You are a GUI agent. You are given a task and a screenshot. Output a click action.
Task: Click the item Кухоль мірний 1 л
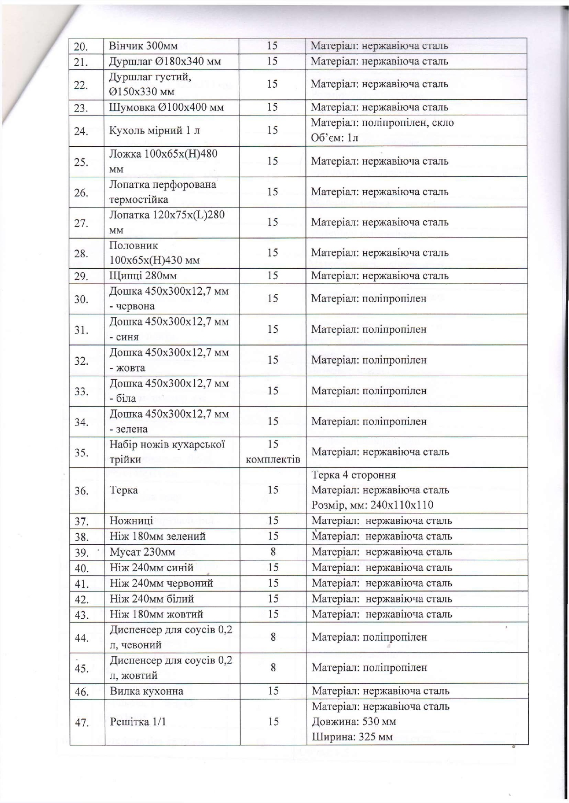click(155, 131)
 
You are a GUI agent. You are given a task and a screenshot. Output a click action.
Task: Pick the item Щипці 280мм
click(143, 276)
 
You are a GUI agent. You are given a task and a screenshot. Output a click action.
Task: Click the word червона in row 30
click(135, 306)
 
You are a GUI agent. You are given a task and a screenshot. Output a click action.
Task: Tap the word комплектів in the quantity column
click(273, 459)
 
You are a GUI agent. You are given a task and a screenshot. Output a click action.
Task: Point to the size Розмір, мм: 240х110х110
click(372, 505)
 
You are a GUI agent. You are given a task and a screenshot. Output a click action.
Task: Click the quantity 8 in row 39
click(273, 552)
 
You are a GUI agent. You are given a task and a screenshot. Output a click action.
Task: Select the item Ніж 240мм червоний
click(161, 583)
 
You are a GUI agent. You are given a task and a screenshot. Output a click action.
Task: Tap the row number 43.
click(81, 615)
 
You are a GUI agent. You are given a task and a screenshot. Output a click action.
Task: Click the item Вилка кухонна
click(146, 691)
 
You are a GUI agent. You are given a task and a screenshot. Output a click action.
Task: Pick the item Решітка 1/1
click(138, 722)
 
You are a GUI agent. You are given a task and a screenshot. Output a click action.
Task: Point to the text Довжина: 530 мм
click(354, 722)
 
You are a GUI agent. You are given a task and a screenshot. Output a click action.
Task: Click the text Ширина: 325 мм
click(352, 737)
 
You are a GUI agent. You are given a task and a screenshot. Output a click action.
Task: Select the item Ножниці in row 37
click(131, 521)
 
